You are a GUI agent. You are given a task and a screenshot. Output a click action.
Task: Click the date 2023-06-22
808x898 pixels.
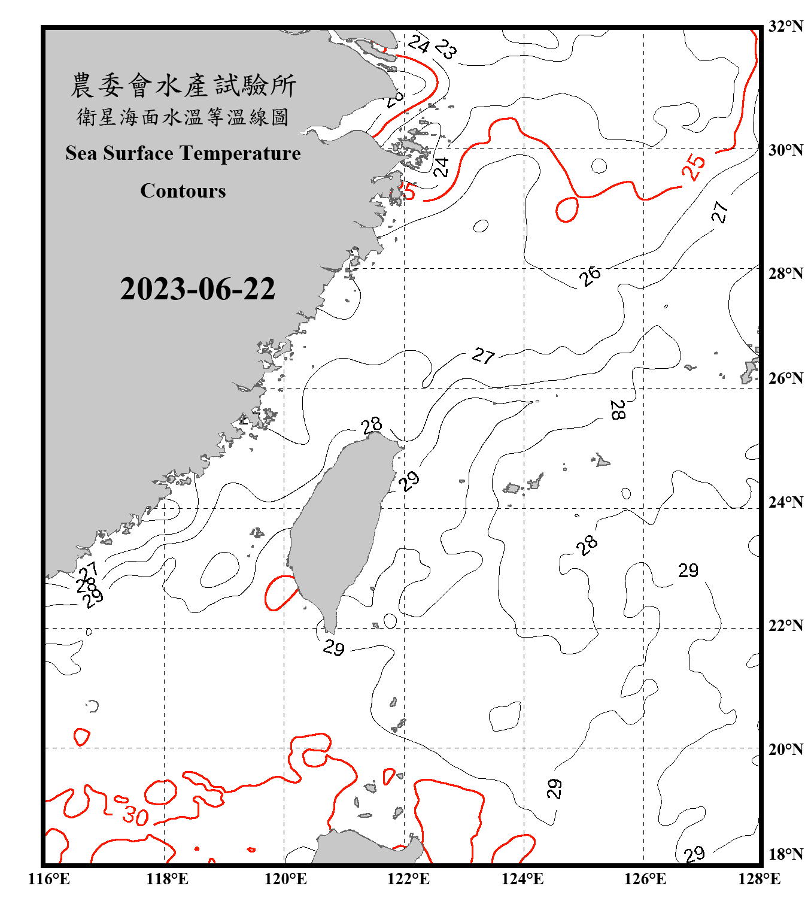[198, 289]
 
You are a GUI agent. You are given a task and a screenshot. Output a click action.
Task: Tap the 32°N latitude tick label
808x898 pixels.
[785, 26]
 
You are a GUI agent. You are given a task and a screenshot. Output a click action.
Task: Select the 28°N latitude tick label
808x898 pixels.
[785, 274]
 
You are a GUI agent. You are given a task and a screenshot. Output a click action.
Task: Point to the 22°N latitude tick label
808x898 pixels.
[785, 626]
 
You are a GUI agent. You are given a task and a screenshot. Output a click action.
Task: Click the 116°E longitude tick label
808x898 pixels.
[49, 879]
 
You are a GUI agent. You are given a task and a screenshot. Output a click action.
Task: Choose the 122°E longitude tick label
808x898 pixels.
[408, 879]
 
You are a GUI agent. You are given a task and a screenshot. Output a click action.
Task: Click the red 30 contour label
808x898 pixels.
[135, 815]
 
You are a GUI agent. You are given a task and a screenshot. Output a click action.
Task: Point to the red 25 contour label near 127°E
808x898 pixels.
[694, 167]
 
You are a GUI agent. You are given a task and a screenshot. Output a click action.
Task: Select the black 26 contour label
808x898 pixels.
[590, 276]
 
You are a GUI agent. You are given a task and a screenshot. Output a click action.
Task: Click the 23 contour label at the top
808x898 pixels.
[446, 48]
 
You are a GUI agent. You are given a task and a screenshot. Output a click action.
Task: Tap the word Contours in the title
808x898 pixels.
[183, 191]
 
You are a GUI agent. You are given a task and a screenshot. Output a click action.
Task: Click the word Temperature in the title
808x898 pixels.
[240, 153]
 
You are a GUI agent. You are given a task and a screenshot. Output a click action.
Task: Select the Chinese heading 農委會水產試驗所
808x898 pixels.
[183, 86]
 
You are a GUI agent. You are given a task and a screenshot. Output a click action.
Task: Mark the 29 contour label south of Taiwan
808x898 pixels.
[333, 648]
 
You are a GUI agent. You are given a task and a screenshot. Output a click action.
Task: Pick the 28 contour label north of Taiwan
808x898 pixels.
[372, 425]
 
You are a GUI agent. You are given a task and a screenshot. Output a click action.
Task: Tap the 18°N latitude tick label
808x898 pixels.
[785, 854]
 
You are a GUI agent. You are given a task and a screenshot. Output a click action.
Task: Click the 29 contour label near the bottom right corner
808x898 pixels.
[694, 854]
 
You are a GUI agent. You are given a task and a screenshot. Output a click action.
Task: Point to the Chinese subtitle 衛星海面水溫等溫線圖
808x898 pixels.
[183, 117]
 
